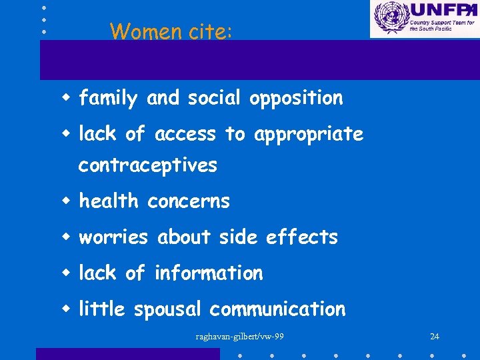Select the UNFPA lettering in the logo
click(x=440, y=10)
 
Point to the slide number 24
click(x=435, y=336)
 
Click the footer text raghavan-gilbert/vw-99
click(x=239, y=336)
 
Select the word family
click(x=108, y=99)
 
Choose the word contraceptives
click(x=148, y=165)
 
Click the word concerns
click(x=189, y=201)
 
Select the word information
click(x=209, y=273)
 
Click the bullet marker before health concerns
click(x=67, y=201)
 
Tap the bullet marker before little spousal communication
click(x=67, y=309)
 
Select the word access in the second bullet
click(x=185, y=135)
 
